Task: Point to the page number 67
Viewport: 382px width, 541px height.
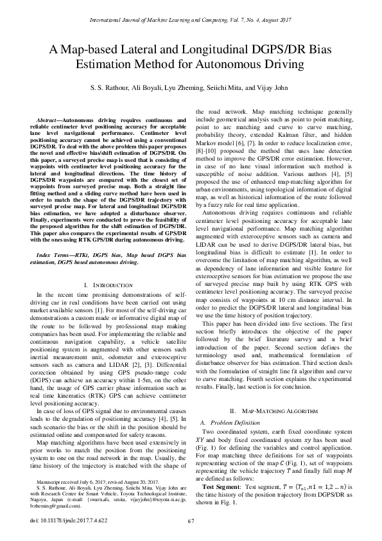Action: tap(191, 520)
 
